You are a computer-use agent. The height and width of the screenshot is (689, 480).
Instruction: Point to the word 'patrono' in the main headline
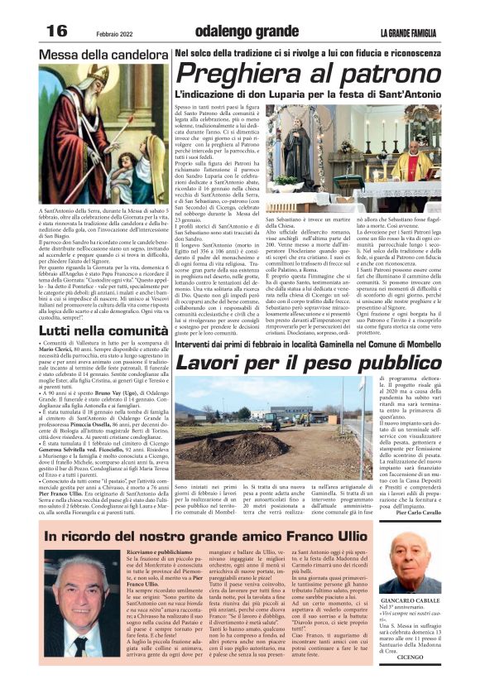pyautogui.click(x=396, y=75)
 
